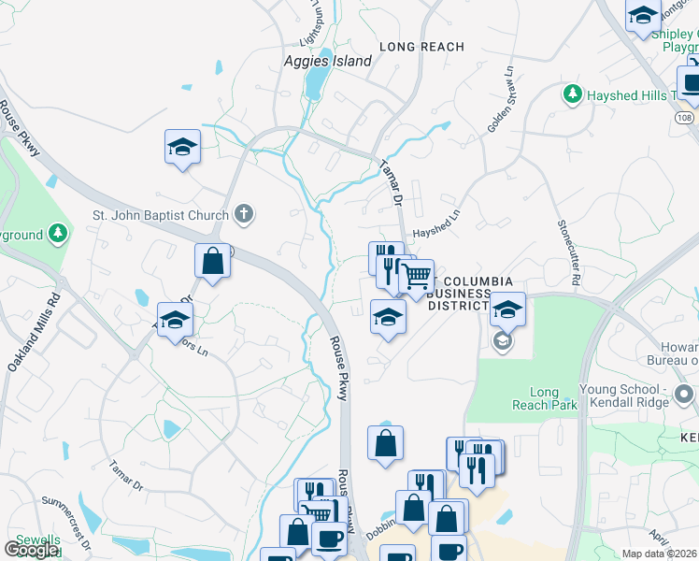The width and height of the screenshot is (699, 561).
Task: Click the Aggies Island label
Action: pyautogui.click(x=327, y=62)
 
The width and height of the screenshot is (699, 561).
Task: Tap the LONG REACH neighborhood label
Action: pyautogui.click(x=421, y=47)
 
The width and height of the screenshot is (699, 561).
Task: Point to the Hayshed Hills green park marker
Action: pyautogui.click(x=572, y=94)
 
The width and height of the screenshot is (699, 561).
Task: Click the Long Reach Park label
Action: pyautogui.click(x=535, y=399)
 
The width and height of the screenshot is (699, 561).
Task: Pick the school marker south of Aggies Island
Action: pyautogui.click(x=183, y=147)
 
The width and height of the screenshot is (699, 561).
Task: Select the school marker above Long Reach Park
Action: pyautogui.click(x=507, y=309)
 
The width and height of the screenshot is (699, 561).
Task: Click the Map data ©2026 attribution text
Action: pyautogui.click(x=659, y=554)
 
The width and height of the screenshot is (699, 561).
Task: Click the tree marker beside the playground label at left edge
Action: pyautogui.click(x=59, y=232)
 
